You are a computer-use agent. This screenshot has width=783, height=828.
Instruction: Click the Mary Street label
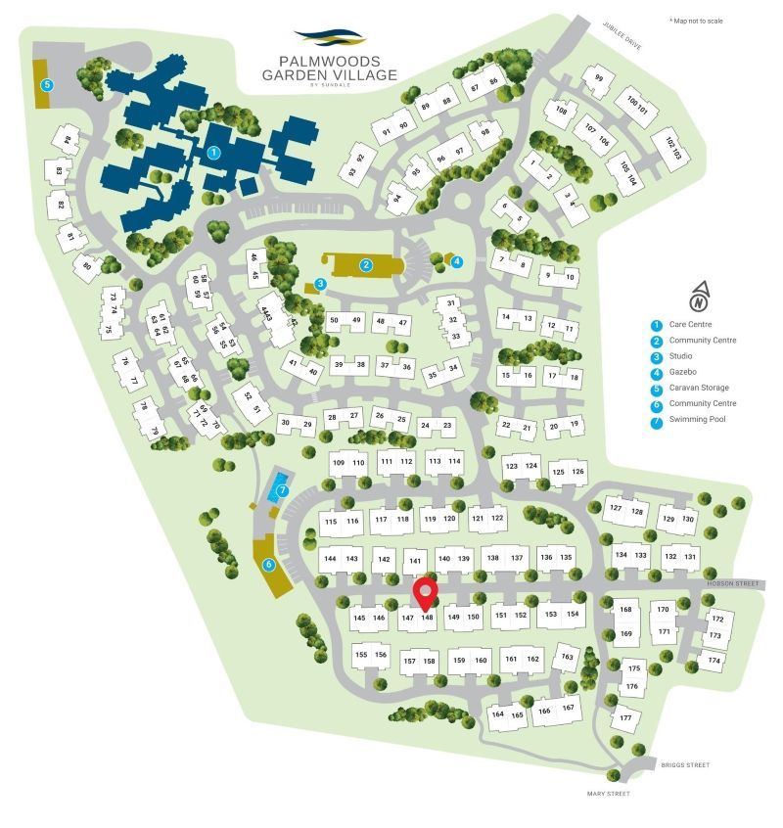609,794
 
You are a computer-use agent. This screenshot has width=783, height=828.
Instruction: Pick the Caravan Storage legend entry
698,388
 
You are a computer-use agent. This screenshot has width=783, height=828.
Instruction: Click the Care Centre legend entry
689,325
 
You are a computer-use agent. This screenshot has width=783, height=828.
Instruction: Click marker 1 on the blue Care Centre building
214,152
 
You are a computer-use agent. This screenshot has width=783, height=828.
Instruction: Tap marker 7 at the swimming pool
282,490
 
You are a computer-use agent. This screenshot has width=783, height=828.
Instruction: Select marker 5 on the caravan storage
46,85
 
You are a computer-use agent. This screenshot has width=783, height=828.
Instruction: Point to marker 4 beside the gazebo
457,260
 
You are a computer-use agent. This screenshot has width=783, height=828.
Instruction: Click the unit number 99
599,79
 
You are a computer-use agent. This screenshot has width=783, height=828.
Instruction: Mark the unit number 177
625,718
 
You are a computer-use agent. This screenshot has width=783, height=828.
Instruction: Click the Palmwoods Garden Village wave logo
329,38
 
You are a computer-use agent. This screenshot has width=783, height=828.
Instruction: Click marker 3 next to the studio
320,284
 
